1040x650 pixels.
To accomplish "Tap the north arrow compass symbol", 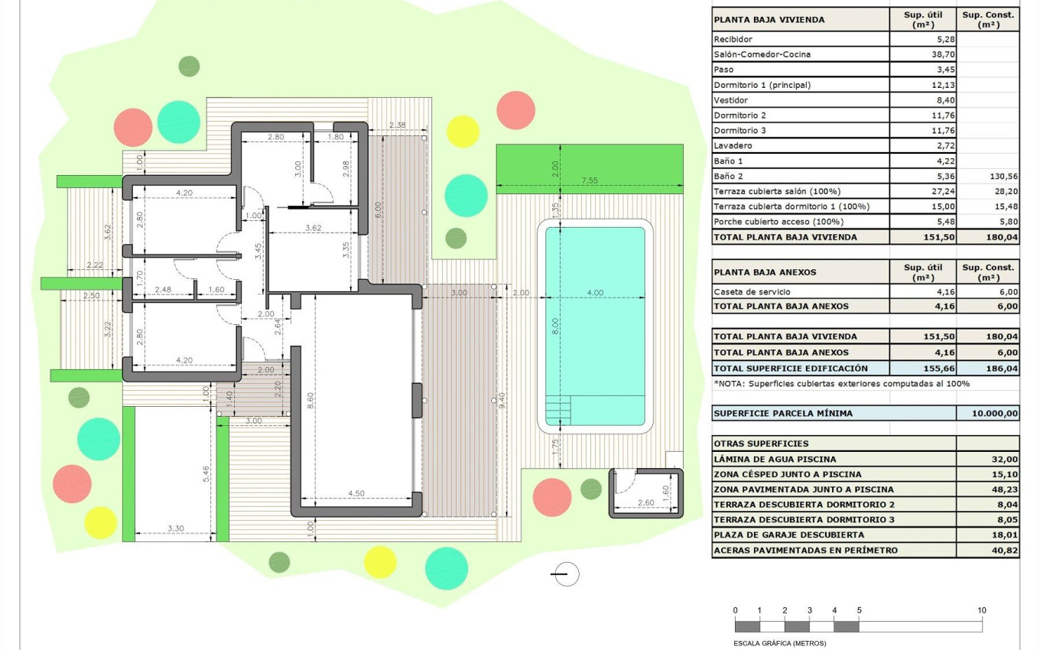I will [x=566, y=574].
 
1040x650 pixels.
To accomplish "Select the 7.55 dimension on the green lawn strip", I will [x=589, y=180].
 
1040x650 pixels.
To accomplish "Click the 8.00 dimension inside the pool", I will [x=556, y=326].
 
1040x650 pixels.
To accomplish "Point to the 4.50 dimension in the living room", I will [x=356, y=494].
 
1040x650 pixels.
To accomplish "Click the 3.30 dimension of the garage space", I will [x=175, y=528].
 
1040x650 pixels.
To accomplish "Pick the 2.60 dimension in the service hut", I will [x=646, y=502].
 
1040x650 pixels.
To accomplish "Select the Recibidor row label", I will [x=733, y=39].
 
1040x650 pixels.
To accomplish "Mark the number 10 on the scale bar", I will [x=982, y=610].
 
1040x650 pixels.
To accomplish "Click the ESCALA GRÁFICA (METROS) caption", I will [x=780, y=643].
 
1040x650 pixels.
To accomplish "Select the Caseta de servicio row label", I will [x=752, y=291].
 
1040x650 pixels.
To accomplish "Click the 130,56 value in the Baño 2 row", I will [x=1003, y=176].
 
